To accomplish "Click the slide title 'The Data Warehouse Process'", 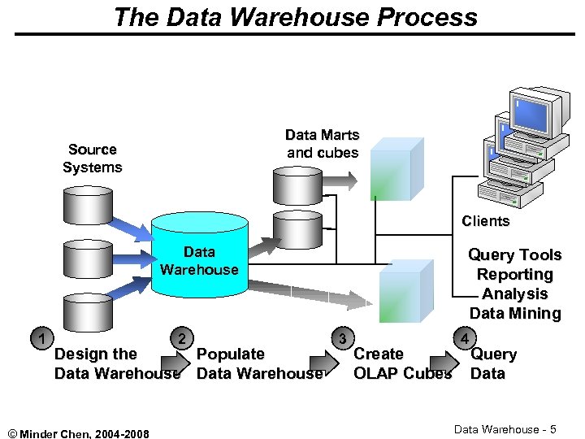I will (295, 16).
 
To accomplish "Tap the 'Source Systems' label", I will (93, 159).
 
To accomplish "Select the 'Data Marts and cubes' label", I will (322, 144).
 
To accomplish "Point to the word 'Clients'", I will (485, 221).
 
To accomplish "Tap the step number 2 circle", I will (184, 337).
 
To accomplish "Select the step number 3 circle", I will (343, 337).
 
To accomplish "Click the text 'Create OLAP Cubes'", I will (402, 364).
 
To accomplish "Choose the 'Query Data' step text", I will (493, 364).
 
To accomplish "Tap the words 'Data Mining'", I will (515, 314).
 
